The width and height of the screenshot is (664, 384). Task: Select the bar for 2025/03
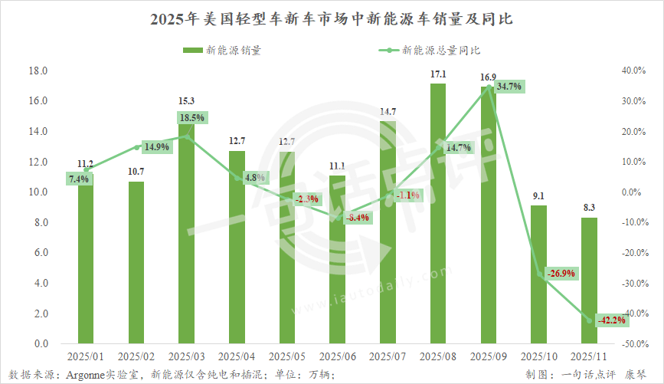pos(186,230)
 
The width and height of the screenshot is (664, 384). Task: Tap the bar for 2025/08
pos(438,215)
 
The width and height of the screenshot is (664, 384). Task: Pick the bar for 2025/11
pos(589,281)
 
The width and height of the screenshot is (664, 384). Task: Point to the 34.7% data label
pos(509,87)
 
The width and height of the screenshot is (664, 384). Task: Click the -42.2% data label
pos(610,320)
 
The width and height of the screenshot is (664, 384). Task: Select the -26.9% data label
pos(559,273)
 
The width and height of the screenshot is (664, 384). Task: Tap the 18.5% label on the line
pos(192,117)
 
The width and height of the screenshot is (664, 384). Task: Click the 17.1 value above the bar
pos(438,74)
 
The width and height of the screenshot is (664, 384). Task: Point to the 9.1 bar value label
pos(538,195)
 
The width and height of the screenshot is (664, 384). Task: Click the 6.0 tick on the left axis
pos(41,253)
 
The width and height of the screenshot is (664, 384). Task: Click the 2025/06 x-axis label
pos(337,356)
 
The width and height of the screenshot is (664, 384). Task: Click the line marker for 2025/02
pos(136,147)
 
